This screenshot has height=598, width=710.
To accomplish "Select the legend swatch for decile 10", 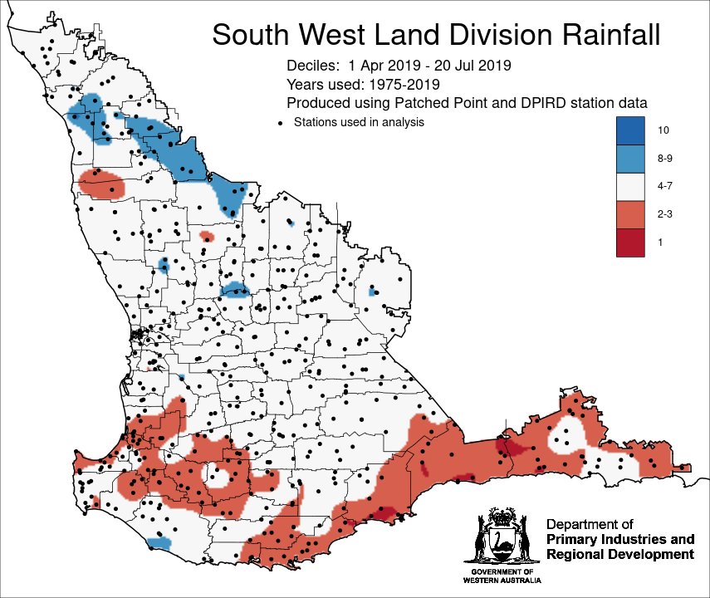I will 630,130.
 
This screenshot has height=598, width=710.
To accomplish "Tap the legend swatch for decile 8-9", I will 630,158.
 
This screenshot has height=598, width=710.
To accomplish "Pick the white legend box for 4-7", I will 630,186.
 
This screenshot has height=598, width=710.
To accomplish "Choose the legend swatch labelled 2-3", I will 630,213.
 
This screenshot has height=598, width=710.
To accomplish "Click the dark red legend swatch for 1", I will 630,242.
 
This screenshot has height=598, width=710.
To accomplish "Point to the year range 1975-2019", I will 400,84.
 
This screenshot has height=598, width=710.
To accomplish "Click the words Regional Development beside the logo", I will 619,555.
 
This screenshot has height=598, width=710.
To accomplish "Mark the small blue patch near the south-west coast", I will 158,542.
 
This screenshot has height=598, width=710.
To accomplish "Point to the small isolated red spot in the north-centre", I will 207,237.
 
